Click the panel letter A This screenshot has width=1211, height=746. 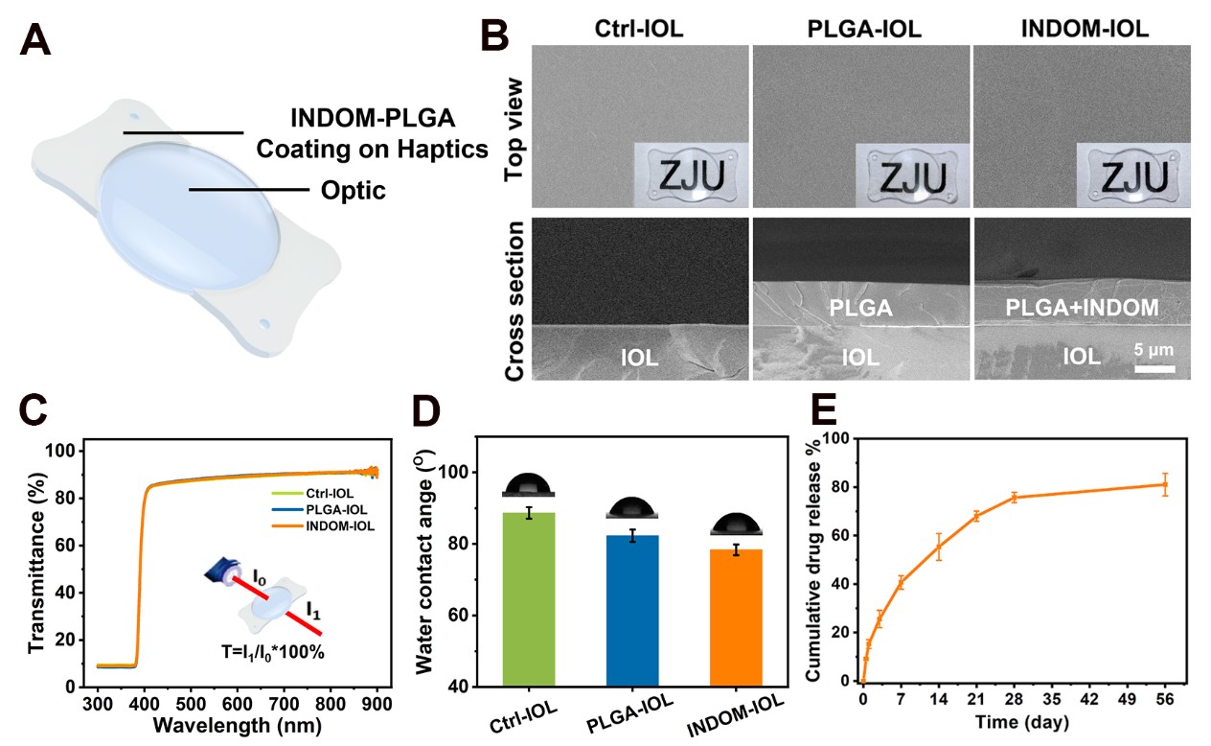36,42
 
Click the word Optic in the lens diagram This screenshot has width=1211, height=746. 354,191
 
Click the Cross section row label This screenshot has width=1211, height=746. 516,300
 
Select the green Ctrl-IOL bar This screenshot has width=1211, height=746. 529,599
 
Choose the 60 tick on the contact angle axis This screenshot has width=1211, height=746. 461,616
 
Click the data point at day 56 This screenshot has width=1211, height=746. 1166,483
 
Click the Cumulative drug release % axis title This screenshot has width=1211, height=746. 812,560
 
